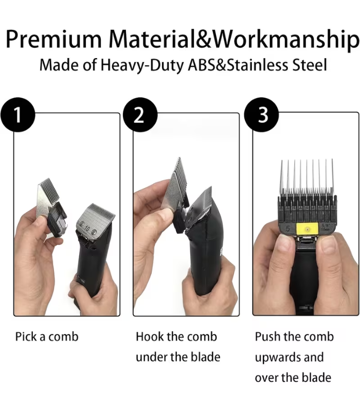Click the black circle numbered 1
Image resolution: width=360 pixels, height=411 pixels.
pyautogui.click(x=18, y=115)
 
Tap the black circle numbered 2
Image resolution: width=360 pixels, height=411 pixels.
pyautogui.click(x=140, y=115)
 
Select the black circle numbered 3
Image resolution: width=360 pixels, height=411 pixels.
pyautogui.click(x=261, y=115)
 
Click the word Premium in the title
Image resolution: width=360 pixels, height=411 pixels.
pyautogui.click(x=54, y=40)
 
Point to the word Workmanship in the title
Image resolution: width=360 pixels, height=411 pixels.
pyautogui.click(x=285, y=40)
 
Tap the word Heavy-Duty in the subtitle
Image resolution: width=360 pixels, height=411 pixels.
pyautogui.click(x=142, y=66)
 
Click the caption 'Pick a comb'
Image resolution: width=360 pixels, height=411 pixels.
pyautogui.click(x=47, y=337)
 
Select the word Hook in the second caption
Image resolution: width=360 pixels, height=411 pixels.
pyautogui.click(x=149, y=337)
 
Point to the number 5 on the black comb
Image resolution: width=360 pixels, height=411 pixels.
pyautogui.click(x=287, y=229)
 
